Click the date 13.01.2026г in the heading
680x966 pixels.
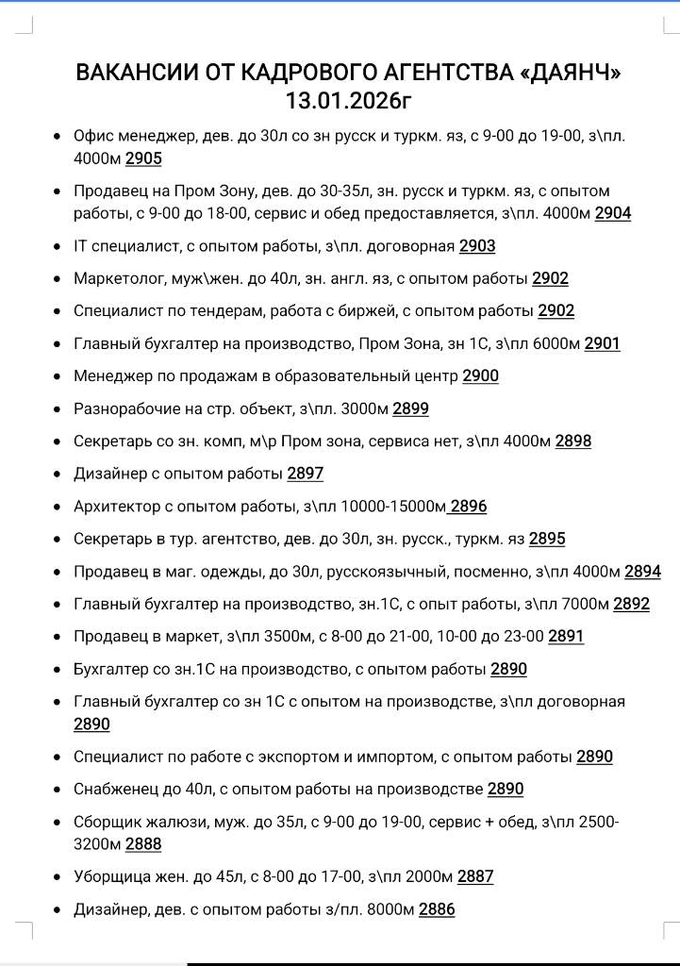348,100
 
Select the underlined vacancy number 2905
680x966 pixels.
143,158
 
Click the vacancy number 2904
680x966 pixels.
613,213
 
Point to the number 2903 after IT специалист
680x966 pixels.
477,246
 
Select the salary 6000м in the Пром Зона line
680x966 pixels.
556,343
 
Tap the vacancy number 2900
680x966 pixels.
481,375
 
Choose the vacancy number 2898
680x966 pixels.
573,441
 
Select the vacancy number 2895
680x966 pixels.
547,539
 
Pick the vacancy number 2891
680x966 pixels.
566,636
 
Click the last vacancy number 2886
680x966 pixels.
437,909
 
